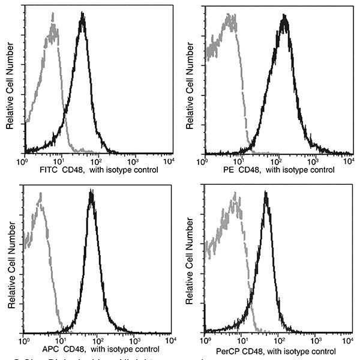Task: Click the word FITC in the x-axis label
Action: [x=46, y=170]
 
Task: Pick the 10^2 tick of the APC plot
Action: [x=96, y=341]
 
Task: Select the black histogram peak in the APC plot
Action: [x=91, y=194]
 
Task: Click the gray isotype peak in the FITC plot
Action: [x=53, y=27]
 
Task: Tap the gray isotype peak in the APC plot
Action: [x=39, y=195]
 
